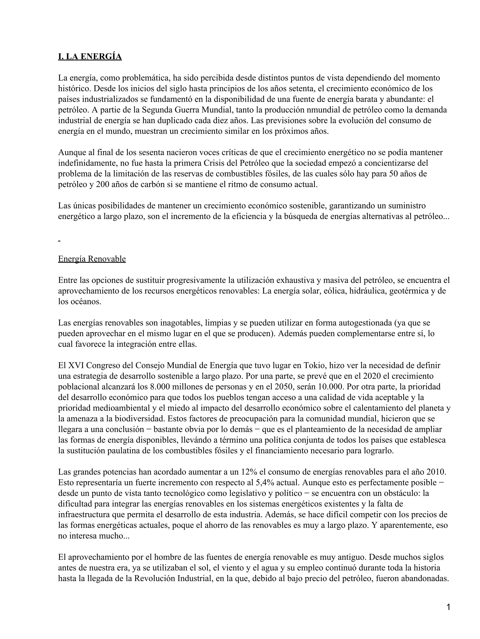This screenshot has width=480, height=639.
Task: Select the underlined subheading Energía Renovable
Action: click(92, 259)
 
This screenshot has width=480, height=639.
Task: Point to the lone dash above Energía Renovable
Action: click(59, 241)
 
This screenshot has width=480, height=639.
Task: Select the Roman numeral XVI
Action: click(76, 365)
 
